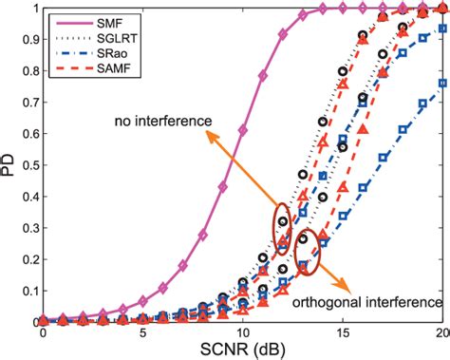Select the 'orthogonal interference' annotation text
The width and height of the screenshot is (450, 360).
377,301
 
